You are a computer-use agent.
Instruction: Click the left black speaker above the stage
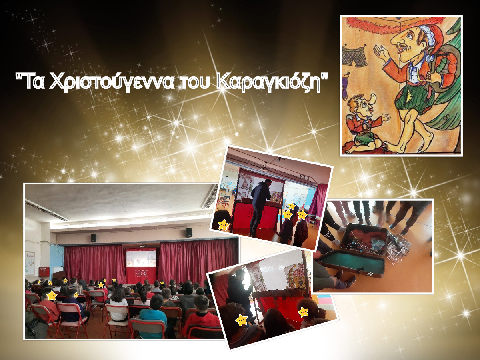(94, 238)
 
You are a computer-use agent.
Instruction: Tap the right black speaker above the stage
(189, 232)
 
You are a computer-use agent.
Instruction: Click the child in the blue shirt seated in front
(154, 315)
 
